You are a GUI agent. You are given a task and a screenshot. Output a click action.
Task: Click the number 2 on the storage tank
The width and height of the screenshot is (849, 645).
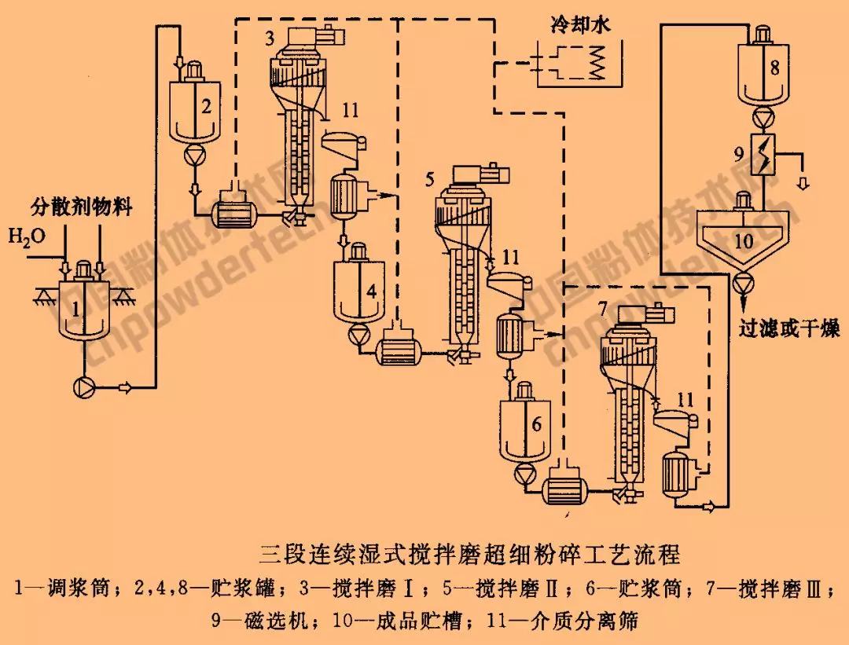pyautogui.click(x=206, y=108)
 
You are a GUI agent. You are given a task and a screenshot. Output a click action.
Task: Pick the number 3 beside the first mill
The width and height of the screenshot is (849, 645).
pyautogui.click(x=270, y=38)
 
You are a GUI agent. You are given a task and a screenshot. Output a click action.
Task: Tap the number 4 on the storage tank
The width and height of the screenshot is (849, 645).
pyautogui.click(x=371, y=291)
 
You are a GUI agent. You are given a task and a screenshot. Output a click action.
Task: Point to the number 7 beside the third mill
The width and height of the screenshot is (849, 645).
pyautogui.click(x=602, y=309)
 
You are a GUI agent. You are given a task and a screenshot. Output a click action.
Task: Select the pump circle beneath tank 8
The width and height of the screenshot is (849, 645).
pyautogui.click(x=759, y=118)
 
